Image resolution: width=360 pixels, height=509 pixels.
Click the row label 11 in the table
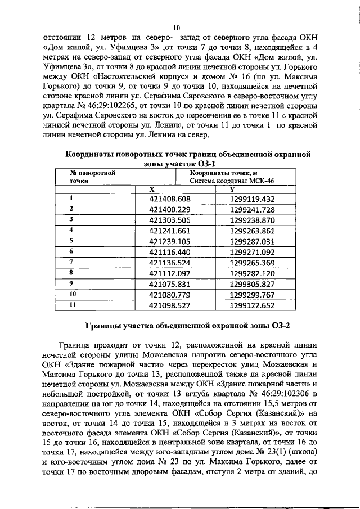point(72,304)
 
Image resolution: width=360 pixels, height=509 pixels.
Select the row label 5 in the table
point(71,240)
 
